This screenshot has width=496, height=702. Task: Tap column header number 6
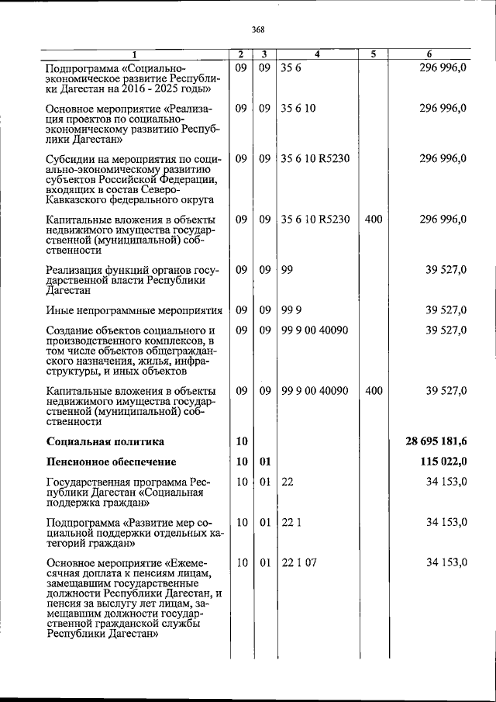[429, 54]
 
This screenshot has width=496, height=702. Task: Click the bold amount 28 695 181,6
[436, 441]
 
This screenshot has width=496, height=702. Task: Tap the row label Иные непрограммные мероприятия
[134, 310]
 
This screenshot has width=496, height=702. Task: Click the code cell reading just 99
[287, 269]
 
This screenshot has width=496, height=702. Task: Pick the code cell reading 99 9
[291, 310]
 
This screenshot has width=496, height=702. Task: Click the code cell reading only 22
[287, 482]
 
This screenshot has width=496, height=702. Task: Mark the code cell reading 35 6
[291, 67]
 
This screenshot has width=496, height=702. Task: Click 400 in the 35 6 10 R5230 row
[373, 220]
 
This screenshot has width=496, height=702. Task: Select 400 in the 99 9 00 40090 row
[373, 391]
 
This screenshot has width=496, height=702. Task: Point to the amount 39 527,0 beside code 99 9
[446, 310]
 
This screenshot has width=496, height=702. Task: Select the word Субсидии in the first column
[72, 159]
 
